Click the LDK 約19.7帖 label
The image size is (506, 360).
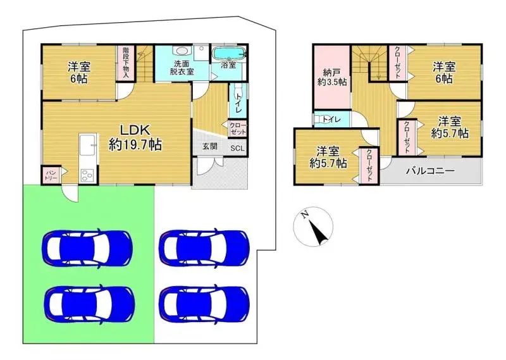click(135, 136)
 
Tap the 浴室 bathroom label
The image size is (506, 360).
click(228, 65)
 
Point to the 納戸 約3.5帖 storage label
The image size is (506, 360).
click(331, 77)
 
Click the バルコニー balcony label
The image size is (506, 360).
click(430, 171)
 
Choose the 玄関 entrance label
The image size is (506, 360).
click(209, 147)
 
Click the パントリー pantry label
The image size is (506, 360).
click(51, 175)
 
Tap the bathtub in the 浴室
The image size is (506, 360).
click(228, 53)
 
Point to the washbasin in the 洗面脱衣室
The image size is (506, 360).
click(182, 52)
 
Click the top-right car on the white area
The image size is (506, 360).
click(204, 246)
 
